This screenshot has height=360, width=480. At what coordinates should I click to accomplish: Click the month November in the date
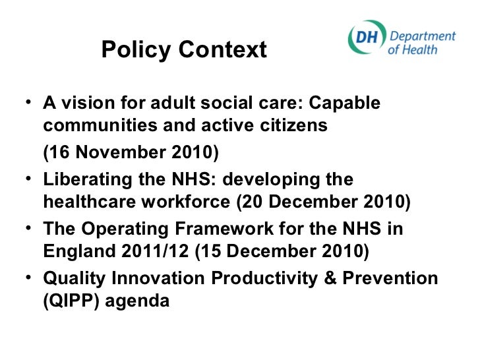[114, 154]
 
